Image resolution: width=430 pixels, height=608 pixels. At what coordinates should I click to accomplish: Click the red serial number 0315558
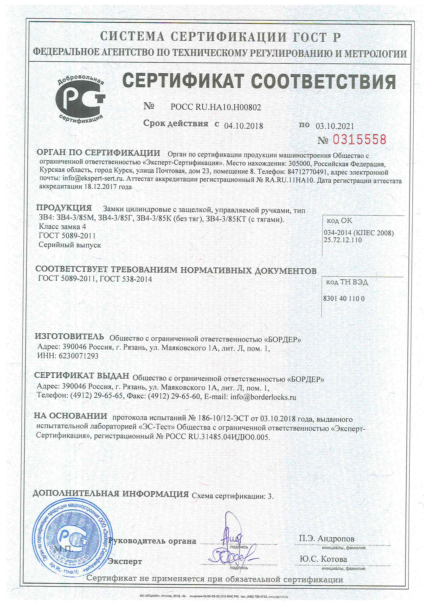click(359, 140)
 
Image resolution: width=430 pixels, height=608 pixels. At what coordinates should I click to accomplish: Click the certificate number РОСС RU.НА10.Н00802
click(216, 107)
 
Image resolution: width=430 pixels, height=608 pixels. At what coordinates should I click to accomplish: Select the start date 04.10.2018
click(243, 126)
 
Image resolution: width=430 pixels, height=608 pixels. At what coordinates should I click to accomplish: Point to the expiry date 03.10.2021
click(335, 126)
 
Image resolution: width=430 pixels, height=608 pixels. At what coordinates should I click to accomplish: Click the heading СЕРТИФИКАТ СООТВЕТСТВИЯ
click(259, 81)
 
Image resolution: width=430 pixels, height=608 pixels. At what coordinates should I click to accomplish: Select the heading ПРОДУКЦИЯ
click(64, 208)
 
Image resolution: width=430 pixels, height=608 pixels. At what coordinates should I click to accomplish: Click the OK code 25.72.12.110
click(343, 240)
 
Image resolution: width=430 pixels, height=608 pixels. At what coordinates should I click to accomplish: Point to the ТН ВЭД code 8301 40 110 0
click(344, 299)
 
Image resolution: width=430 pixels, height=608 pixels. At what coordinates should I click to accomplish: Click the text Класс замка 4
click(62, 227)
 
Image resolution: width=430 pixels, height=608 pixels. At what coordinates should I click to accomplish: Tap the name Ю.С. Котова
click(323, 559)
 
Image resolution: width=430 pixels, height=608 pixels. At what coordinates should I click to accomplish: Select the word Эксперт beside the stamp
click(125, 561)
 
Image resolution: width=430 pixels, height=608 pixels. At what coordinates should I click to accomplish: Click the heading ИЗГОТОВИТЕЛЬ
click(69, 337)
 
